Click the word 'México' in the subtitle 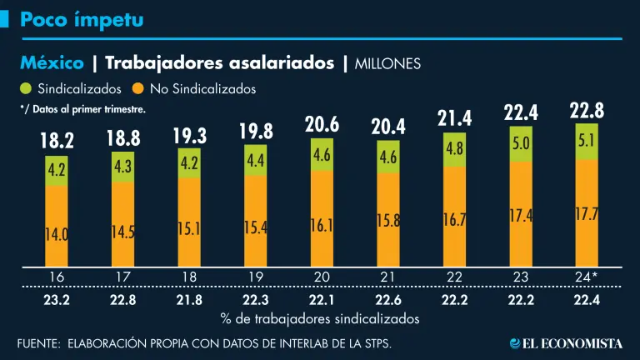point(52,62)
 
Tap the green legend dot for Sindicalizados point(23,87)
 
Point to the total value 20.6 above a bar point(322,127)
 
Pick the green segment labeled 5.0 point(521,143)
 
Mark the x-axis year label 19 point(255,275)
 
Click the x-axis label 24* point(587,275)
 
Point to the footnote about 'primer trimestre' point(82,109)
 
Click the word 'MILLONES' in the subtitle point(388,63)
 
